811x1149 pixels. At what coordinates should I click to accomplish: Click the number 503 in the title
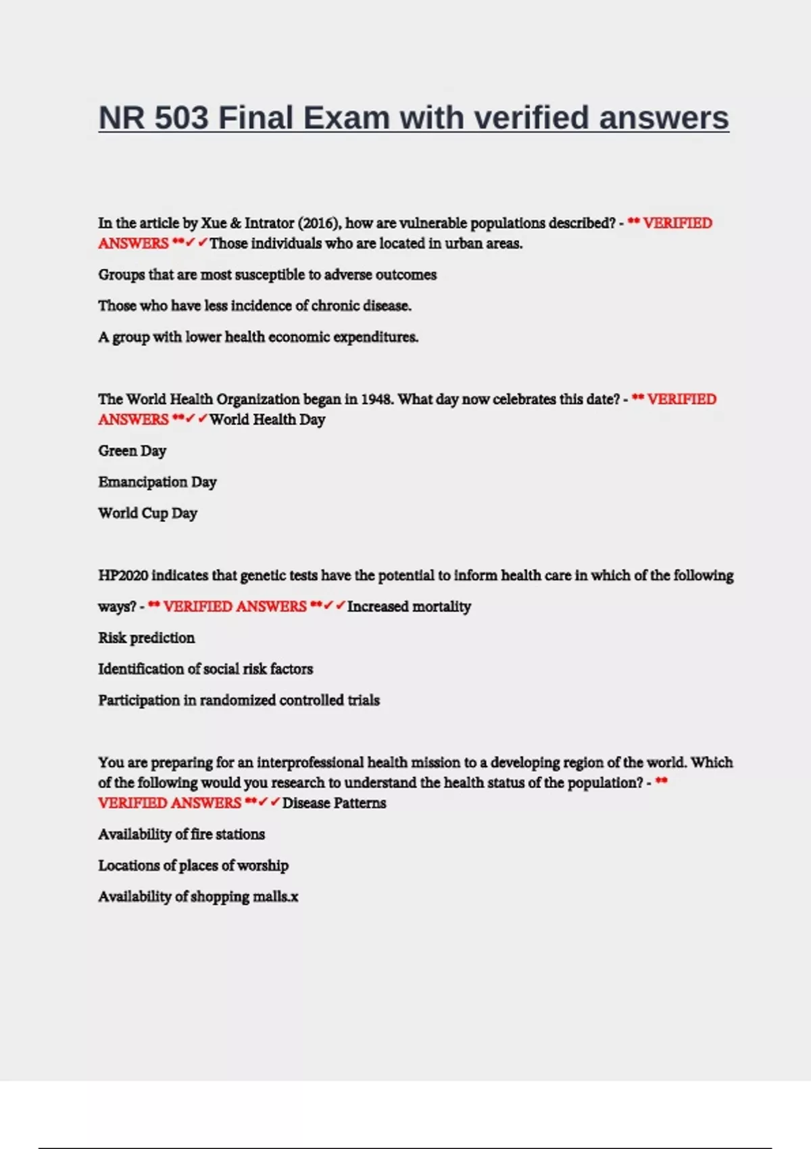click(x=181, y=118)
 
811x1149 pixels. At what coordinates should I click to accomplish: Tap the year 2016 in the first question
click(x=320, y=223)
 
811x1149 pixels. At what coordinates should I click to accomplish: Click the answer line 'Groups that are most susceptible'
click(x=267, y=274)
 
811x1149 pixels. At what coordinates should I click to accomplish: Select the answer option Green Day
click(x=132, y=451)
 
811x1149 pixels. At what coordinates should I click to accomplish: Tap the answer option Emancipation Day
click(x=157, y=482)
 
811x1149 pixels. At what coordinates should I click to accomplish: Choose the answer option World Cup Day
click(x=147, y=513)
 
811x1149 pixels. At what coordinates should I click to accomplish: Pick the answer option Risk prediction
click(x=146, y=637)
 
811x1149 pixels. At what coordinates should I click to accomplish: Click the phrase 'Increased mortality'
click(x=409, y=606)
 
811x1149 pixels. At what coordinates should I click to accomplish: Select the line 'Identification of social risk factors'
click(x=205, y=668)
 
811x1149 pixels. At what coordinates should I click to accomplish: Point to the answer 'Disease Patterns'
click(x=334, y=803)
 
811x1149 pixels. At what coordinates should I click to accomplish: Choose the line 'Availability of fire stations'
click(x=181, y=834)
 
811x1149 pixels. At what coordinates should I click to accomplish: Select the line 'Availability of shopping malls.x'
click(x=198, y=896)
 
